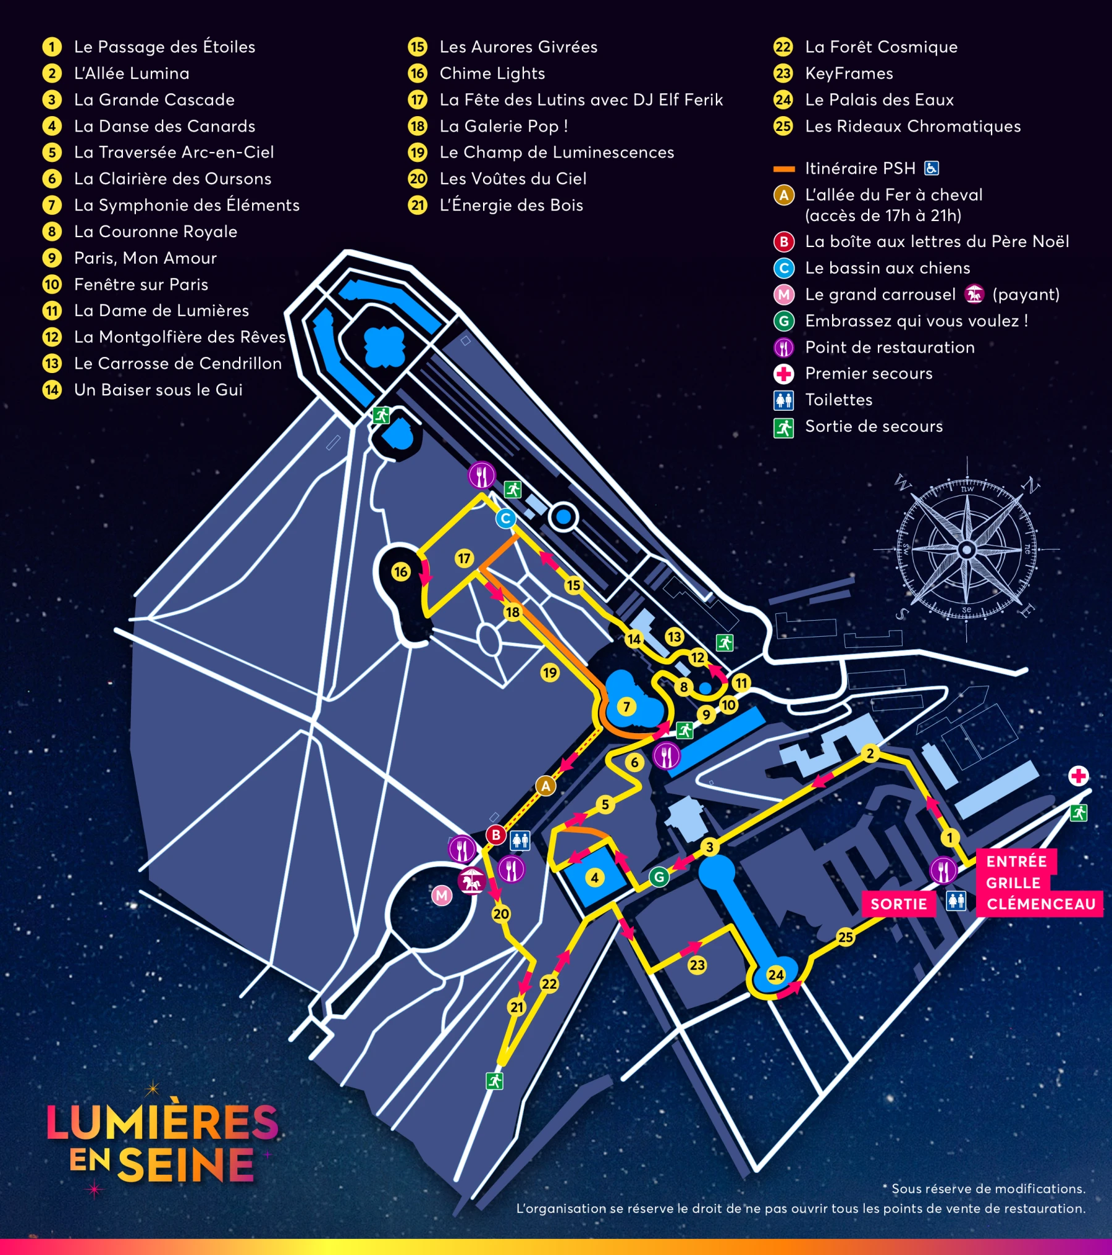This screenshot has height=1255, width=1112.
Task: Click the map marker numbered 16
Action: pyautogui.click(x=400, y=571)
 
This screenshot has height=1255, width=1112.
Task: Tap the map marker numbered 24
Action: pyautogui.click(x=775, y=975)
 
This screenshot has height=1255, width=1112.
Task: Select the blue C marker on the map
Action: pyautogui.click(x=505, y=518)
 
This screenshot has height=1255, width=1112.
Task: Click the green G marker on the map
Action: pyautogui.click(x=659, y=876)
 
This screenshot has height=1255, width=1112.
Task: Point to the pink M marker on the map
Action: pyautogui.click(x=441, y=895)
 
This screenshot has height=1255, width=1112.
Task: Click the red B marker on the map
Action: pyautogui.click(x=495, y=834)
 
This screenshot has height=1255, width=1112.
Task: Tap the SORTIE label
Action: pyautogui.click(x=898, y=904)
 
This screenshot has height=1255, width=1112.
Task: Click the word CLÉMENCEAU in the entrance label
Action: pyautogui.click(x=1041, y=904)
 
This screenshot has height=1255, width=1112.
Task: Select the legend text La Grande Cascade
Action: pyautogui.click(x=154, y=99)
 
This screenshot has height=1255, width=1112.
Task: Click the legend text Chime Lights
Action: pyautogui.click(x=492, y=73)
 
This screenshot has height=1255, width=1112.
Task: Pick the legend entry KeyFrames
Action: pyautogui.click(x=849, y=73)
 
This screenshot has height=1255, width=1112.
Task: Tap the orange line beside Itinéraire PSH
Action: pyautogui.click(x=784, y=169)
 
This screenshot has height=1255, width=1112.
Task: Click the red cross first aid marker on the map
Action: pyautogui.click(x=1079, y=776)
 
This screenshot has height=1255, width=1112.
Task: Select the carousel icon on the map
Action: pyautogui.click(x=472, y=881)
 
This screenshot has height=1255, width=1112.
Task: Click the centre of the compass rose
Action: pyautogui.click(x=967, y=549)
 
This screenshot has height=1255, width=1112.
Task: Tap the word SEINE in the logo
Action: pyautogui.click(x=185, y=1165)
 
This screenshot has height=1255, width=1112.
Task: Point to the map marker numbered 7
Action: pyautogui.click(x=626, y=707)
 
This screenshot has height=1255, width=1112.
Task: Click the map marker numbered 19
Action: pyautogui.click(x=550, y=673)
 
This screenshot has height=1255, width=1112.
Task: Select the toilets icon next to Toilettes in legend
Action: pyautogui.click(x=783, y=400)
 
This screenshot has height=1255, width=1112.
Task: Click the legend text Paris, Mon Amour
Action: pyautogui.click(x=145, y=258)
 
